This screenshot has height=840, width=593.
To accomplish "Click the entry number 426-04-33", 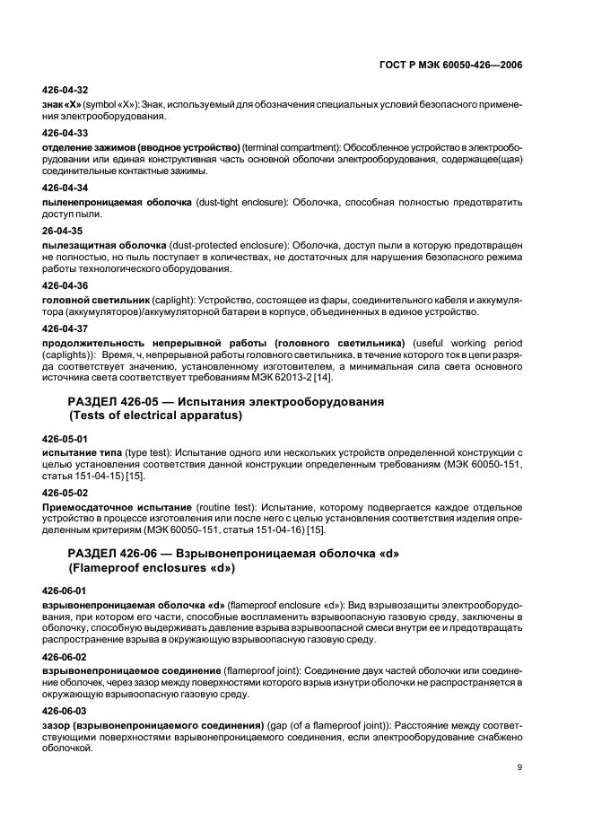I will (x=65, y=132).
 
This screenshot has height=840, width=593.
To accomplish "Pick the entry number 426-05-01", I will (x=65, y=439).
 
